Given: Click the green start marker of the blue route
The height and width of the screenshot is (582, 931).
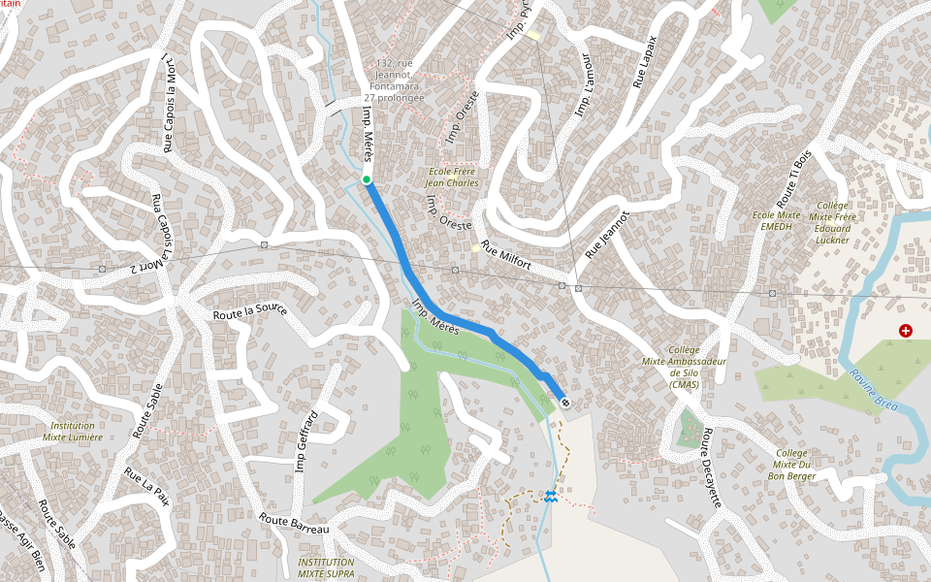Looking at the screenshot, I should [367, 179].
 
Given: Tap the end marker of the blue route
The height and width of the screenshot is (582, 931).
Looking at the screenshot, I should [564, 402].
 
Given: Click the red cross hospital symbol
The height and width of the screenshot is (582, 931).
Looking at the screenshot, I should [906, 331].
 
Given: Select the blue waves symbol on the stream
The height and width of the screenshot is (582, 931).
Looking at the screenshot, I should [551, 497].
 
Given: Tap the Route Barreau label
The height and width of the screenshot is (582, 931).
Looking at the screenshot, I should [294, 524].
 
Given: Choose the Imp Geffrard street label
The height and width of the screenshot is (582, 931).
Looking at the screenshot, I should [306, 441].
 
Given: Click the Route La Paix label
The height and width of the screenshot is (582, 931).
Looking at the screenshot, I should [146, 486].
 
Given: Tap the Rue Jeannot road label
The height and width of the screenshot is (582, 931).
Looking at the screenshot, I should [607, 235].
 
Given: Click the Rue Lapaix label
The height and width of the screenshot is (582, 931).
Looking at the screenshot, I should [646, 62].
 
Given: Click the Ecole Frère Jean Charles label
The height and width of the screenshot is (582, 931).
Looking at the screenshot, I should [454, 177].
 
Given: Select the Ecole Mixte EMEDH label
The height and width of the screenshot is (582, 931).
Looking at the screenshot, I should [779, 220].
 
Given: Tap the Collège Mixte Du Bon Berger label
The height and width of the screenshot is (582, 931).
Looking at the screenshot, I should [791, 464].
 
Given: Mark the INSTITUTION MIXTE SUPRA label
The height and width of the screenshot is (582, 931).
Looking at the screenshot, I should [326, 567].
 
